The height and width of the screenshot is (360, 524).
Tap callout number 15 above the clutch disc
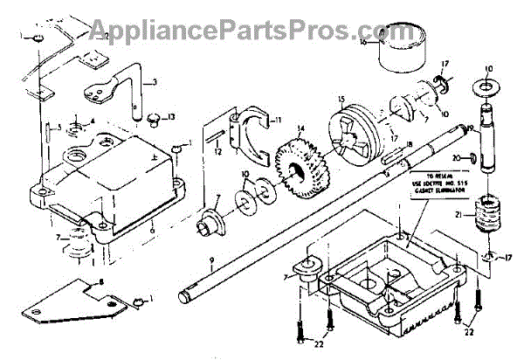342,98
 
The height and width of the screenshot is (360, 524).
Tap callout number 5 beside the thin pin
59,128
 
